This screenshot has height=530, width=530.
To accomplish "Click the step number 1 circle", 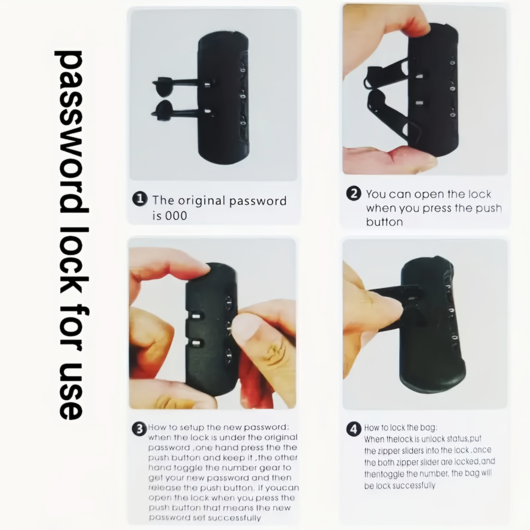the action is click(x=140, y=199).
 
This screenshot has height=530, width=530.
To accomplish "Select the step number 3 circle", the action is click(x=139, y=429).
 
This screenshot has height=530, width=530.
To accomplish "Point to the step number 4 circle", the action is click(x=354, y=429).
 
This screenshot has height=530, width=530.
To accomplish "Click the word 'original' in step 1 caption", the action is click(x=204, y=201).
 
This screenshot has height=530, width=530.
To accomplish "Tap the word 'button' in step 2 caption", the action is click(x=384, y=222).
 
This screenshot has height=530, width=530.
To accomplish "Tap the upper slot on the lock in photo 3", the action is click(x=196, y=316).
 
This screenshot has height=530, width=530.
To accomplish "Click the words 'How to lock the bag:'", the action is click(x=400, y=427).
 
